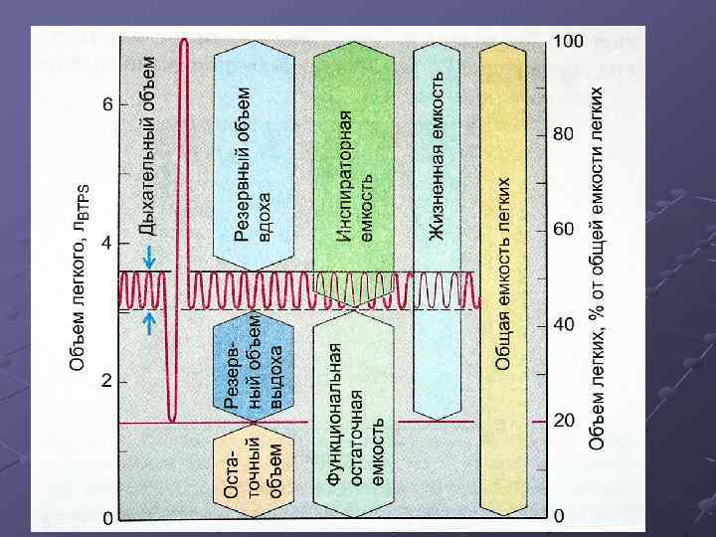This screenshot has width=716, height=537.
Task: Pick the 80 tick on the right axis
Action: [x=564, y=135]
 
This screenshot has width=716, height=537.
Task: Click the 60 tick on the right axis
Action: [x=564, y=230]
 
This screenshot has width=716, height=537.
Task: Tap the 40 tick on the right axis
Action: [x=564, y=325]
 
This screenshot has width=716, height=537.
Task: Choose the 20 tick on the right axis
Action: [x=564, y=421]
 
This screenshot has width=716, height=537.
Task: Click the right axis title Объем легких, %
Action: [x=596, y=268]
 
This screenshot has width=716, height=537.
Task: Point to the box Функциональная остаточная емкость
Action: [x=356, y=413]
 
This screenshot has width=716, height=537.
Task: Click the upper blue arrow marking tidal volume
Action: [x=149, y=257]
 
